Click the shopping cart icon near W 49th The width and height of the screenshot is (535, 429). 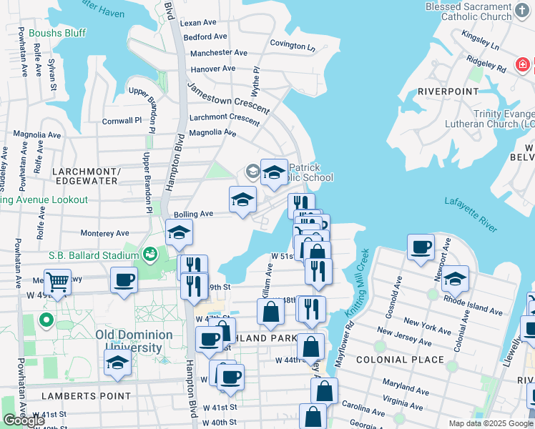[x=57, y=281]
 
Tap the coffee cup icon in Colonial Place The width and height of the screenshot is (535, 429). [x=421, y=247]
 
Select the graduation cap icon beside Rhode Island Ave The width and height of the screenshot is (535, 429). [x=455, y=279]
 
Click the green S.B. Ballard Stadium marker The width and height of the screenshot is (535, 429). [x=150, y=254]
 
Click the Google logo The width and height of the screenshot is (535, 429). [x=24, y=420]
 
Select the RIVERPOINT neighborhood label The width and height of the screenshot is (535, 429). [x=448, y=92]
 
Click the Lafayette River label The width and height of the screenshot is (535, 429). [x=470, y=214]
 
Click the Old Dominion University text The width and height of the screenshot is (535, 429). [x=134, y=341]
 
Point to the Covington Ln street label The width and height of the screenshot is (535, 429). [x=293, y=46]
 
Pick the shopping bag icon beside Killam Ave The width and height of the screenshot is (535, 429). [x=270, y=312]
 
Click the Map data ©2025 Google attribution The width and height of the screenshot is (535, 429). [x=490, y=423]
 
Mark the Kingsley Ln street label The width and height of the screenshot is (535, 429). [x=480, y=39]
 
